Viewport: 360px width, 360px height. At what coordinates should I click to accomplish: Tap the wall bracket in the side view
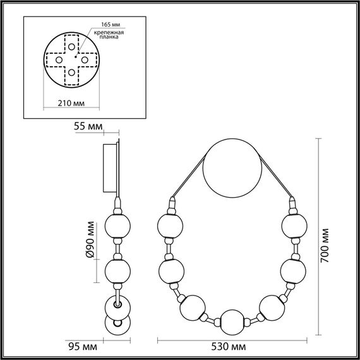pos(111,167)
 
